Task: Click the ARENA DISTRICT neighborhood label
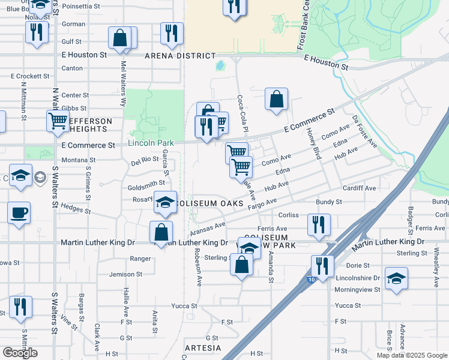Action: coord(179,56)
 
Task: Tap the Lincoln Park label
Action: coord(151,143)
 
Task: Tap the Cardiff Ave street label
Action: coord(359,188)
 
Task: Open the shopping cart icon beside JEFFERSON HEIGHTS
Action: coord(58,120)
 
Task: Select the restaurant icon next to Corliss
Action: coord(319,224)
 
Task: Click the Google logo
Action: coord(20,353)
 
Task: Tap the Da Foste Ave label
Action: coord(364,131)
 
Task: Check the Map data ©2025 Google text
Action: coord(412,355)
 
